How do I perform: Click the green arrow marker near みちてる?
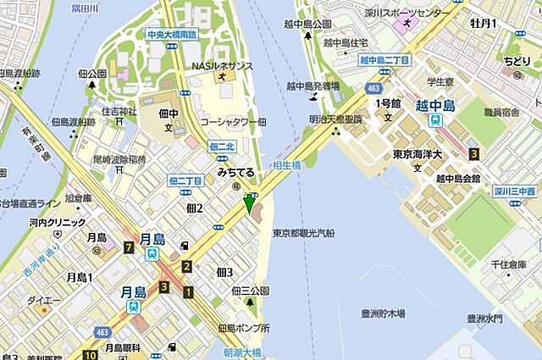(249, 204)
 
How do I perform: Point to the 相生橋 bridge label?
(286, 166)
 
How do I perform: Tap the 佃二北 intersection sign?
(221, 147)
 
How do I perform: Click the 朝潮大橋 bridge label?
(242, 352)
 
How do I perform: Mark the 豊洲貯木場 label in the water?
(381, 313)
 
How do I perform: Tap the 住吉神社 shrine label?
(119, 111)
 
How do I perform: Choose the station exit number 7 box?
(128, 247)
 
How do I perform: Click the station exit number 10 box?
(90, 354)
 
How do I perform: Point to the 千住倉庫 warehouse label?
(508, 265)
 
